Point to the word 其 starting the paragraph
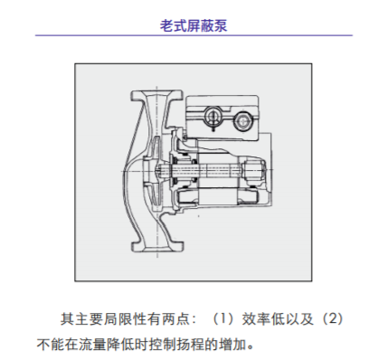tap(66, 319)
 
